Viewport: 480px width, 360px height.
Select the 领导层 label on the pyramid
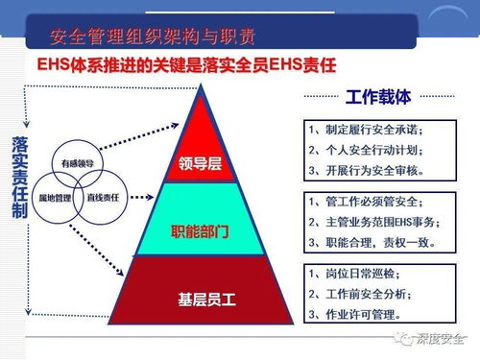pyautogui.click(x=200, y=163)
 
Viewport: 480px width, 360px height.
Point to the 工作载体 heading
pyautogui.click(x=376, y=98)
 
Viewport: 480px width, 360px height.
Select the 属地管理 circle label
pyautogui.click(x=55, y=196)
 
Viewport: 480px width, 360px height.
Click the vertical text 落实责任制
pyautogui.click(x=19, y=178)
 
